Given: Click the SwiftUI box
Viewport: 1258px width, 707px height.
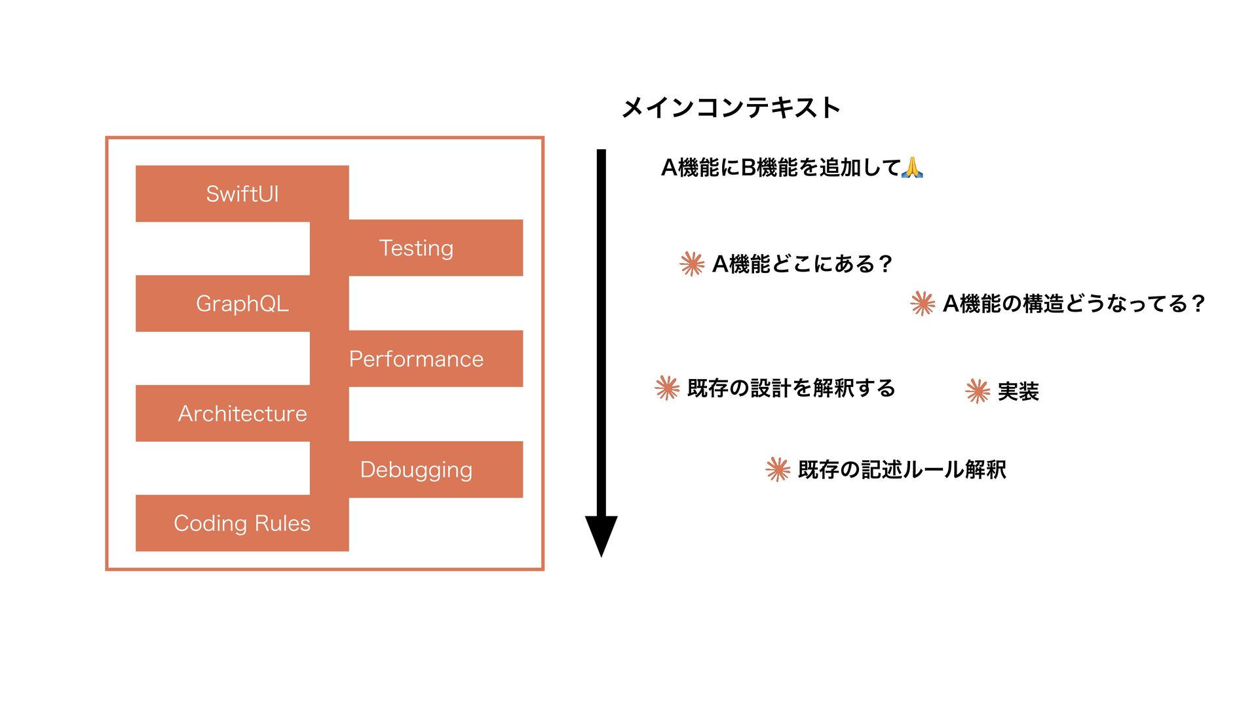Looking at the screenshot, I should pyautogui.click(x=242, y=194).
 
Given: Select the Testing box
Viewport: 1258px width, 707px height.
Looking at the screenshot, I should pyautogui.click(x=416, y=248).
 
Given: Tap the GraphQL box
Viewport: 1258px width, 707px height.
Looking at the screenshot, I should pyautogui.click(x=242, y=304).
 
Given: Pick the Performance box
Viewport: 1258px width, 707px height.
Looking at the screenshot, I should pyautogui.click(x=416, y=359).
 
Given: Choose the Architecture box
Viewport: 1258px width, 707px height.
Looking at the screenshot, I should pyautogui.click(x=242, y=414).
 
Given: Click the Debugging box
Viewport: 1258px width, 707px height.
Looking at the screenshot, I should pyautogui.click(x=416, y=469).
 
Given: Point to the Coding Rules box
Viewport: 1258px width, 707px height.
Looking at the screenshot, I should pyautogui.click(x=242, y=523).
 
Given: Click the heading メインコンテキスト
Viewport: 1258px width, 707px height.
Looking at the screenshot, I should pyautogui.click(x=731, y=108).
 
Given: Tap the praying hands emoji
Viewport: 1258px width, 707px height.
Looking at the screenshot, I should pyautogui.click(x=912, y=168).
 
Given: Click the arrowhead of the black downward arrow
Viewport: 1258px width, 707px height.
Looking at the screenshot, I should pyautogui.click(x=601, y=534).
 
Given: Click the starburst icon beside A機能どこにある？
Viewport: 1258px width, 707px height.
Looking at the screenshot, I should pyautogui.click(x=692, y=264).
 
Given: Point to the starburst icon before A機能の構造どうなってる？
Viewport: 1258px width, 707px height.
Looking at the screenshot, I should pyautogui.click(x=923, y=303).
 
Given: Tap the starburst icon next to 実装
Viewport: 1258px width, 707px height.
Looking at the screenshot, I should pyautogui.click(x=978, y=391).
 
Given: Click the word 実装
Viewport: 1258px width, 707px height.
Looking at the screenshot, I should pyautogui.click(x=1018, y=391).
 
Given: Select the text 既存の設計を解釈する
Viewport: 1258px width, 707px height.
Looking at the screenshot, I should pyautogui.click(x=791, y=388).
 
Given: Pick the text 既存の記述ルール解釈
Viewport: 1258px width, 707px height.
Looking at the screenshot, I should pyautogui.click(x=902, y=469).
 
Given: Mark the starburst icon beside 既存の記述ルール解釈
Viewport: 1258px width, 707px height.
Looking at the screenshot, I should pyautogui.click(x=778, y=469).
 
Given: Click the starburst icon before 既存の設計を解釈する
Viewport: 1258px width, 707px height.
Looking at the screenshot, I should pyautogui.click(x=667, y=388).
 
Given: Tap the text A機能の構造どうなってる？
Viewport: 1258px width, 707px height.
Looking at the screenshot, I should pyautogui.click(x=1073, y=304).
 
